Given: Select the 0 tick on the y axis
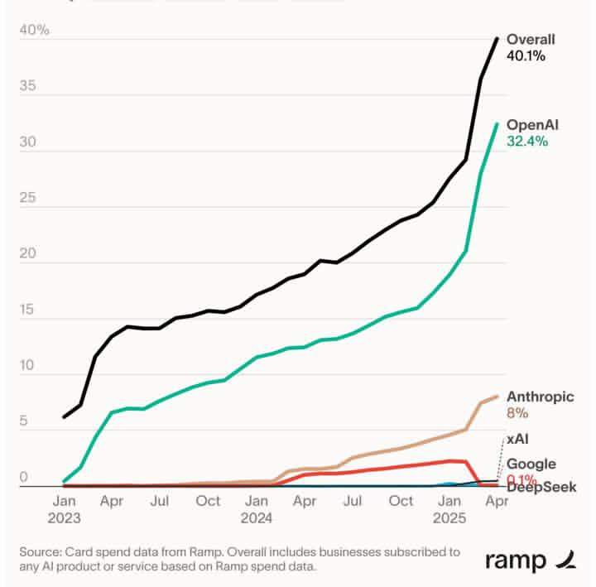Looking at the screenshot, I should [x=25, y=478].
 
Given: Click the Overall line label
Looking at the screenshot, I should [x=531, y=39].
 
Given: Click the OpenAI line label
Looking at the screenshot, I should [x=532, y=124].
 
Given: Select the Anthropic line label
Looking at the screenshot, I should [x=540, y=397].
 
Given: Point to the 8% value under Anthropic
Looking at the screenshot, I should [x=517, y=412].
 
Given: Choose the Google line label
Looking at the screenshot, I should [x=531, y=464].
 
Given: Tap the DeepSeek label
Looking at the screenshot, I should [x=541, y=487].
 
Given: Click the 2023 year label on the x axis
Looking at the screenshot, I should [x=65, y=519].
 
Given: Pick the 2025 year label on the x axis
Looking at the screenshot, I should [x=450, y=519].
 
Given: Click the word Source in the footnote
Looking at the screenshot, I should [x=40, y=551].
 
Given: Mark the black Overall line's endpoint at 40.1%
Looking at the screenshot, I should [x=497, y=38].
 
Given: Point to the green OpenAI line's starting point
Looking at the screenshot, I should [x=64, y=481].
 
